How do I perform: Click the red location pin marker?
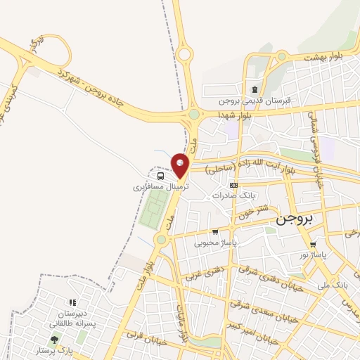tap(181, 165)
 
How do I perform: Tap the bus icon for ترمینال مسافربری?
tap(161, 176)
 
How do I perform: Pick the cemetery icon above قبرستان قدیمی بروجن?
tap(254, 89)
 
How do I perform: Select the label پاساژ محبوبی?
tap(216, 243)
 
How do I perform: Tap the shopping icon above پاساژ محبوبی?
tap(215, 232)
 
